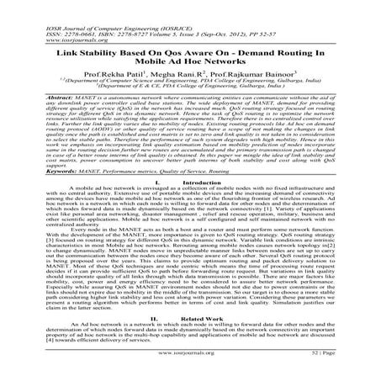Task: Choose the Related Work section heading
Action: pyautogui.click(x=199, y=320)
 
